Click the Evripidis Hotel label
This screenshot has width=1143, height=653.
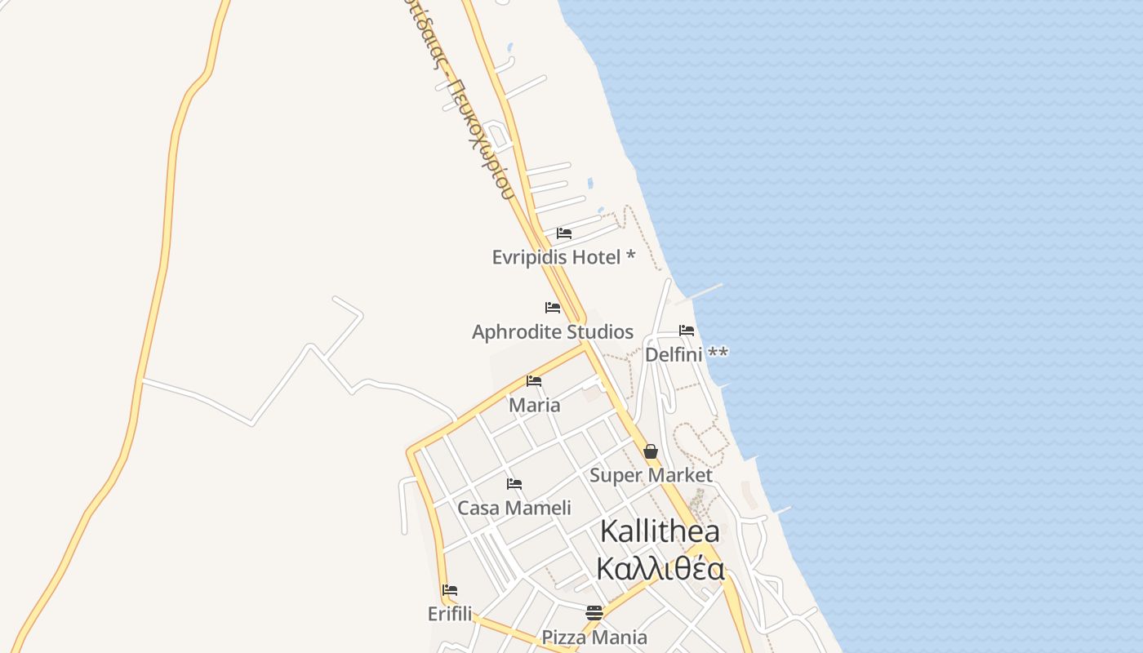[563, 257]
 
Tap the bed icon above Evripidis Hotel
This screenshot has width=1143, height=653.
[564, 233]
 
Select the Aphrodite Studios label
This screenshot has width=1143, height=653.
[553, 332]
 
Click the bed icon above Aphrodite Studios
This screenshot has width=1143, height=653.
[553, 308]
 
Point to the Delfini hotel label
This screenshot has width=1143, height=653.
[686, 354]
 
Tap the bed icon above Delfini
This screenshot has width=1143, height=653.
[687, 331]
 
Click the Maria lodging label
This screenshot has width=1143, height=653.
[535, 405]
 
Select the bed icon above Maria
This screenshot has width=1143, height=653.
[534, 380]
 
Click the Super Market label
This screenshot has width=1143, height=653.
[651, 475]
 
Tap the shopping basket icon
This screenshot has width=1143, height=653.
[651, 451]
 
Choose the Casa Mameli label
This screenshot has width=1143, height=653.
[514, 508]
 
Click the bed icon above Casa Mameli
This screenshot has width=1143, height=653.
[514, 484]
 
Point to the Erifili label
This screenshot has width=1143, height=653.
[450, 614]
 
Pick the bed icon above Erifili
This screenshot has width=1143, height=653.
[450, 590]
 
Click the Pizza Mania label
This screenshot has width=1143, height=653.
[594, 637]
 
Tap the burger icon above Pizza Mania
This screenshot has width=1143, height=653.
[594, 613]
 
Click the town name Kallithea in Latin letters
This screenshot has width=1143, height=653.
[660, 531]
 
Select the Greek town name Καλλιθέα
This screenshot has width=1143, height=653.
[660, 569]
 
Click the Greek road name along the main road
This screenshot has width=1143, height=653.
[461, 98]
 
